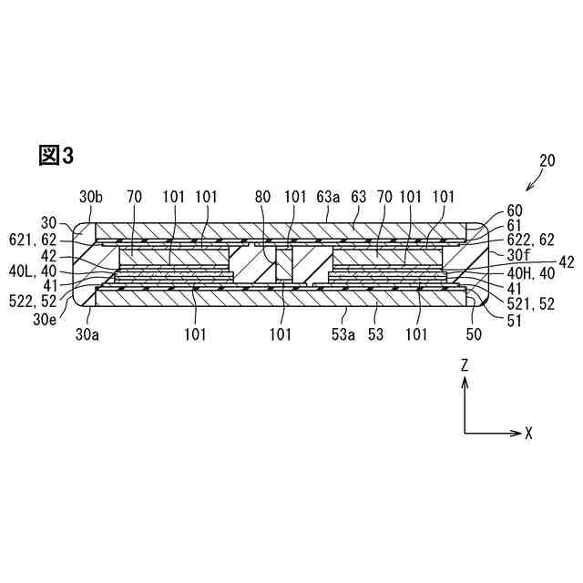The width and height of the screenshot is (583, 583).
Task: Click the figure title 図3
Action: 56,156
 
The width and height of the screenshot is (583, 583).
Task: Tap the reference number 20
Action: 547,162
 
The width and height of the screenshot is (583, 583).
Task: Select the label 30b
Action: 92,196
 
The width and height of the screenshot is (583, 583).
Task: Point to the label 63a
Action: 328,196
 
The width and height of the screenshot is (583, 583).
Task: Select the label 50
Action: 473,334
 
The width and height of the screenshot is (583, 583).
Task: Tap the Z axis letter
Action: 465,364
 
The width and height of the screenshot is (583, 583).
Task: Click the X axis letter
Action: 528,433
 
